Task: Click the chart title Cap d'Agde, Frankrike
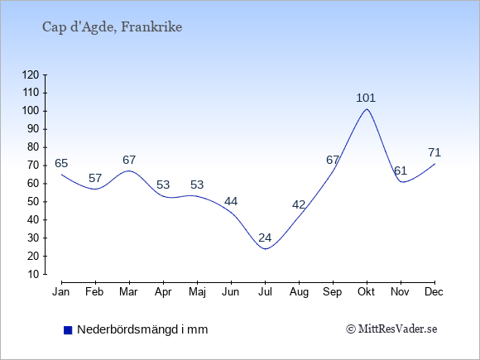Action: [112, 27]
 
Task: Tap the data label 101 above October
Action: [366, 98]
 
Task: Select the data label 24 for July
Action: [265, 238]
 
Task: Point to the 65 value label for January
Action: [61, 164]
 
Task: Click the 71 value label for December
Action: [434, 152]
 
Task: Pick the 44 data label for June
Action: [231, 201]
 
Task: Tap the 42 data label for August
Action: [299, 204]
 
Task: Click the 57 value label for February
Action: [95, 178]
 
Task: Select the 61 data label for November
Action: [401, 170]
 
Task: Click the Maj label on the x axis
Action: [197, 292]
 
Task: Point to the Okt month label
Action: [366, 292]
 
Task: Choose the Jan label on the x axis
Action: [61, 292]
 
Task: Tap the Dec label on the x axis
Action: [434, 292]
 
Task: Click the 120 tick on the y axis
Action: [31, 74]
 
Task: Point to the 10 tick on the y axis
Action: [34, 274]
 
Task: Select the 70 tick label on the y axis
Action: [34, 166]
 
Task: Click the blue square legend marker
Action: [68, 330]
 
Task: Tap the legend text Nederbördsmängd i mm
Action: [142, 329]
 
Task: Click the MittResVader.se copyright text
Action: [391, 329]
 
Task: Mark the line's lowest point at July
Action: [265, 249]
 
